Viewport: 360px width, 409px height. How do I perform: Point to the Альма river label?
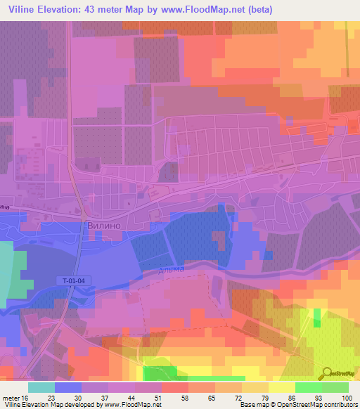(x=171, y=268)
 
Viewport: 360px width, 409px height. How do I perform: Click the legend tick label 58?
(x=174, y=398)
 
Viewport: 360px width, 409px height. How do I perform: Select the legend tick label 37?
(x=94, y=398)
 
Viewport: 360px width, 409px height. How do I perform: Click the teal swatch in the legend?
(x=41, y=387)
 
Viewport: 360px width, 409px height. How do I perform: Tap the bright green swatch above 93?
(x=308, y=387)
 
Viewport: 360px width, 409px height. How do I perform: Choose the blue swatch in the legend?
(x=68, y=387)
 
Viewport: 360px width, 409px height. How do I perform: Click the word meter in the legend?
(x=11, y=398)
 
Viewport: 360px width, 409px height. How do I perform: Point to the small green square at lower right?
(x=316, y=313)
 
